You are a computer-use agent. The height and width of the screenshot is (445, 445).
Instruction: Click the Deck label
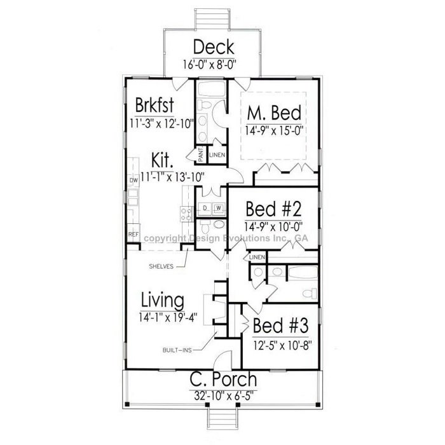coord(214,47)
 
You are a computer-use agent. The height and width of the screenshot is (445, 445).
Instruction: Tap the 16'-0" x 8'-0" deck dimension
coord(209,64)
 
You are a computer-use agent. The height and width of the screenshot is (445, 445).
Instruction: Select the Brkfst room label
coord(154,105)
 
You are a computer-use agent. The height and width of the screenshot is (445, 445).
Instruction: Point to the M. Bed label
coord(274,113)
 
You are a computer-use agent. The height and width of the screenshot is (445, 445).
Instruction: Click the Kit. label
coord(162,160)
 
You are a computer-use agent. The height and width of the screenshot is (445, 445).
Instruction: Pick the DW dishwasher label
coord(133,180)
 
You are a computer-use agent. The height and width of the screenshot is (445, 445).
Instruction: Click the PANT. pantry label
coord(202,154)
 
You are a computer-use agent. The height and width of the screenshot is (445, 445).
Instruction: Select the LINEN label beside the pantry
coord(217,155)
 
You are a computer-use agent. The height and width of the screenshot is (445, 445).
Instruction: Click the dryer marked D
coord(205,208)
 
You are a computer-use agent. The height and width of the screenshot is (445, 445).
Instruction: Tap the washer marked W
coord(219,208)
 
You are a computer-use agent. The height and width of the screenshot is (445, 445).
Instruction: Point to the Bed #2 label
coord(273,209)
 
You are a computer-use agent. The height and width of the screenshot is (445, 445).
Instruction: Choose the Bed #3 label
coord(280,325)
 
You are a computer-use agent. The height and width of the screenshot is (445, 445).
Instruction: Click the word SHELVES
coord(161,266)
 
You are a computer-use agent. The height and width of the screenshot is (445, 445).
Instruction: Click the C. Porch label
coord(223,380)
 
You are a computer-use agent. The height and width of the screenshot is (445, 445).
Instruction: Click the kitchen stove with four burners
coord(186,215)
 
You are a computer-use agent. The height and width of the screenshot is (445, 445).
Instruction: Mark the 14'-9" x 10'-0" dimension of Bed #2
coord(273,226)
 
